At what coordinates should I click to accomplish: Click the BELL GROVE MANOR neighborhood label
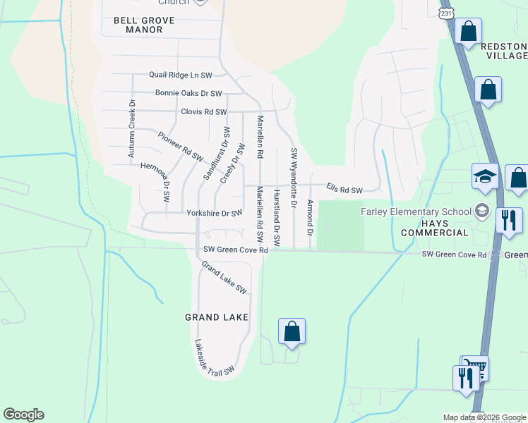click(144, 25)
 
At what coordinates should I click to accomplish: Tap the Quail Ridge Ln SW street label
click(180, 75)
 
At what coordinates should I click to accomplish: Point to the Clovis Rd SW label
click(203, 112)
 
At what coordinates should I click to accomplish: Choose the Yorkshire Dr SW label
click(214, 213)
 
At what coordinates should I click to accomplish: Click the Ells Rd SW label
click(344, 190)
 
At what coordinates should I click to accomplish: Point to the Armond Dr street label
click(310, 217)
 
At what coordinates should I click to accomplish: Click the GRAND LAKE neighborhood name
click(217, 317)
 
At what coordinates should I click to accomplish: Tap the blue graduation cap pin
click(486, 176)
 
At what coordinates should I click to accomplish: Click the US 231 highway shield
click(445, 13)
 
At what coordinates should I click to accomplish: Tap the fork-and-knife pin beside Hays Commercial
click(508, 219)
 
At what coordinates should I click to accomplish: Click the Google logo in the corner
click(23, 415)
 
